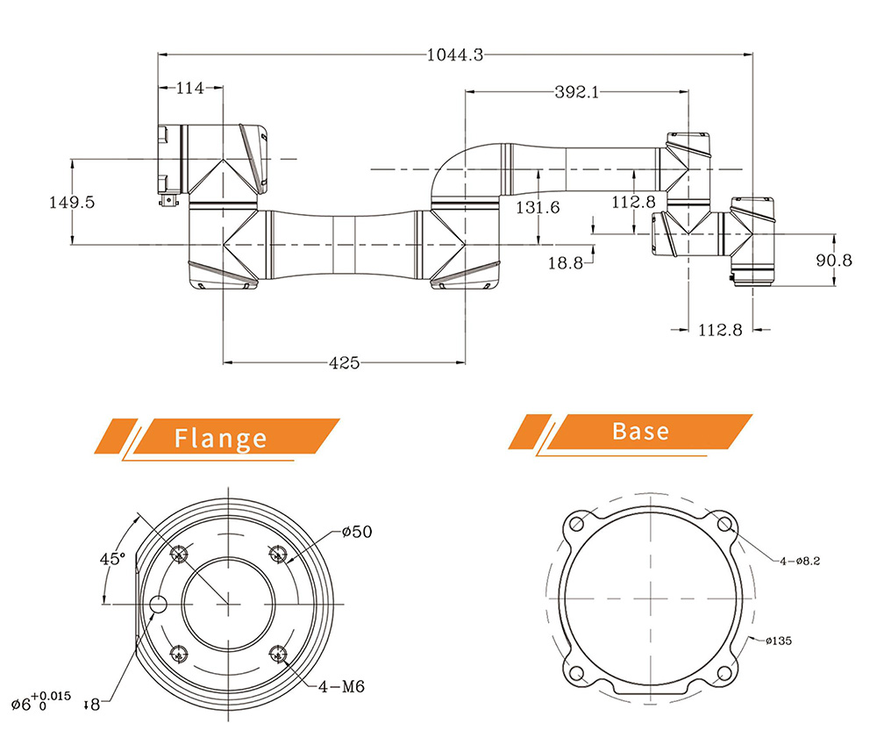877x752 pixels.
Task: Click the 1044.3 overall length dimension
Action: coord(454,55)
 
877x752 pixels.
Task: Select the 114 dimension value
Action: coord(190,88)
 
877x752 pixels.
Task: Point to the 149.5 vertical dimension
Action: coord(72,202)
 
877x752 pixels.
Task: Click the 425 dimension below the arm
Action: coord(344,362)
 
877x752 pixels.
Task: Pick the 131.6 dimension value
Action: coord(538,208)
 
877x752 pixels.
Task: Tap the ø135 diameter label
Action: coord(778,641)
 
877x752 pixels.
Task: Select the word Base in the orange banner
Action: coord(640,431)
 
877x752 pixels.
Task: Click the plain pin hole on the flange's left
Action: coord(159,605)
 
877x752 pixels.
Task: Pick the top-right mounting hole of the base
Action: coord(725,524)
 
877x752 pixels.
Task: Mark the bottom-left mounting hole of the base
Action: coord(576,673)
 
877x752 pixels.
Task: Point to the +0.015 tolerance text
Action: coord(56,695)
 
